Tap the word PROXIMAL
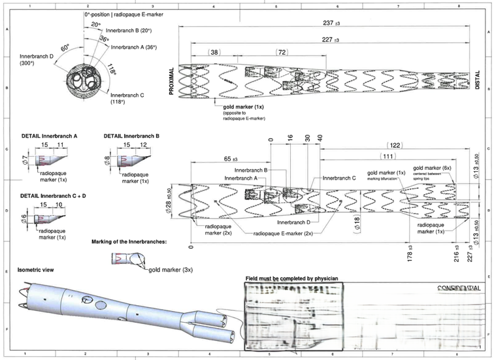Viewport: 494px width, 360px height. pos(172,81)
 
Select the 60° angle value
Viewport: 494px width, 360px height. pos(65,49)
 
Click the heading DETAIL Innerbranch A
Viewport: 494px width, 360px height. pos(50,136)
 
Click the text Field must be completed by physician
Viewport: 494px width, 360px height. pos(292,278)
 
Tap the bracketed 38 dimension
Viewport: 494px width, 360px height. pos(215,52)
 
